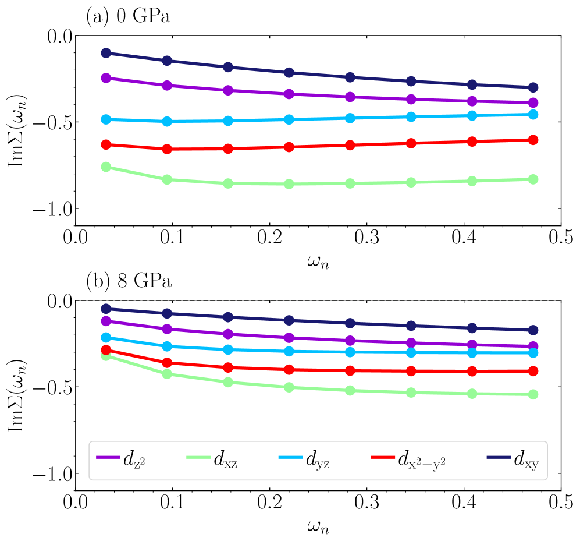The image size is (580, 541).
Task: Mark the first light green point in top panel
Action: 106,167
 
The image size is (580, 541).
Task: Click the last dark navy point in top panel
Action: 533,87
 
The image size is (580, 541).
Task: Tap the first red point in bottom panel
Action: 106,350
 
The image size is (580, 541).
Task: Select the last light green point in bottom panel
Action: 533,394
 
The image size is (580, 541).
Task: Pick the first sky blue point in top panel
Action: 106,119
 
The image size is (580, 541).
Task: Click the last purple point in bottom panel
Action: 533,346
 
